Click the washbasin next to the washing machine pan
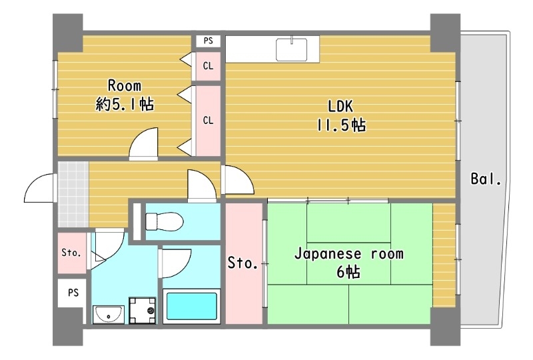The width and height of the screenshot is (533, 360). [x=107, y=313]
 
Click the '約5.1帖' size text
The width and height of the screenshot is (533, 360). [x=125, y=104]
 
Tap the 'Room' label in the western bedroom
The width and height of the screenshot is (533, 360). [x=125, y=85]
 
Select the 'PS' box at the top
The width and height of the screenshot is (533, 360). [x=208, y=41]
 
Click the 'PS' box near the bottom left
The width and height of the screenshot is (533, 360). [x=73, y=292]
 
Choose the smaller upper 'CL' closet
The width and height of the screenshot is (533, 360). [x=208, y=65]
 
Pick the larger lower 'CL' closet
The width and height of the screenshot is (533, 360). [x=208, y=121]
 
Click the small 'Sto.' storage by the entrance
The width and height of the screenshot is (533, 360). [x=71, y=253]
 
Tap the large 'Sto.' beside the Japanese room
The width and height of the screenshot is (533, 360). [x=243, y=263]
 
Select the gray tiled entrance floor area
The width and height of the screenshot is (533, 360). [x=73, y=193]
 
